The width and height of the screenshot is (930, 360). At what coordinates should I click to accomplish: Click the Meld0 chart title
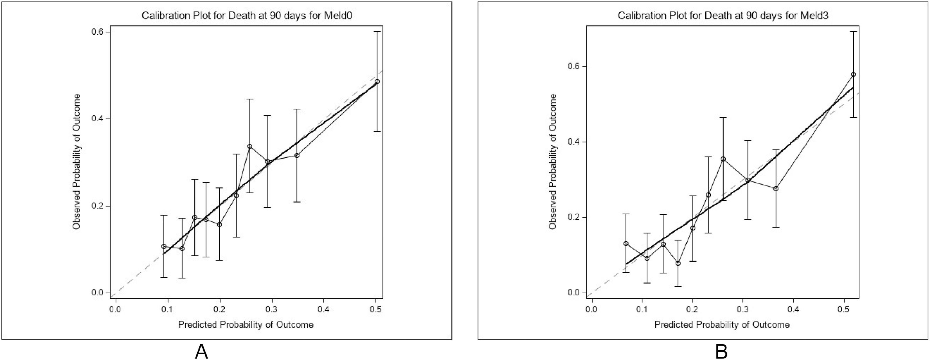247,16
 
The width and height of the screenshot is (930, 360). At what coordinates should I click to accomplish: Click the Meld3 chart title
722,16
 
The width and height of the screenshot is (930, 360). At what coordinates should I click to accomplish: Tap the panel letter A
201,351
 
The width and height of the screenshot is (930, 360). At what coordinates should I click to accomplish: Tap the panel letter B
721,351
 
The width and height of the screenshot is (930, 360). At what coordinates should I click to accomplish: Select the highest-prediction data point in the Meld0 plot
377,82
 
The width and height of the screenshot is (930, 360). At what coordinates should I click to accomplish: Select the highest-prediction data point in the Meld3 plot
853,74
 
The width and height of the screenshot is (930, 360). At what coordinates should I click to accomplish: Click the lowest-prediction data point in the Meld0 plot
164,246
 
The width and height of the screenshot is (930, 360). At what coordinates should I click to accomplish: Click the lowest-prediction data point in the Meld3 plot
626,243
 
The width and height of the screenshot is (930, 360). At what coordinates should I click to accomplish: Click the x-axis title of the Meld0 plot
245,324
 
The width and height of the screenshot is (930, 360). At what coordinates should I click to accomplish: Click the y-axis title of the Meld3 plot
553,162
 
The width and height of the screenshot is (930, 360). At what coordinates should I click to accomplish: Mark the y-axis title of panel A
77,162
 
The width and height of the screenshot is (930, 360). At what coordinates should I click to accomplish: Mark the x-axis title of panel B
722,324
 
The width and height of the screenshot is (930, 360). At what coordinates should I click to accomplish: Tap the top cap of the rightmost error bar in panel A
377,32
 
